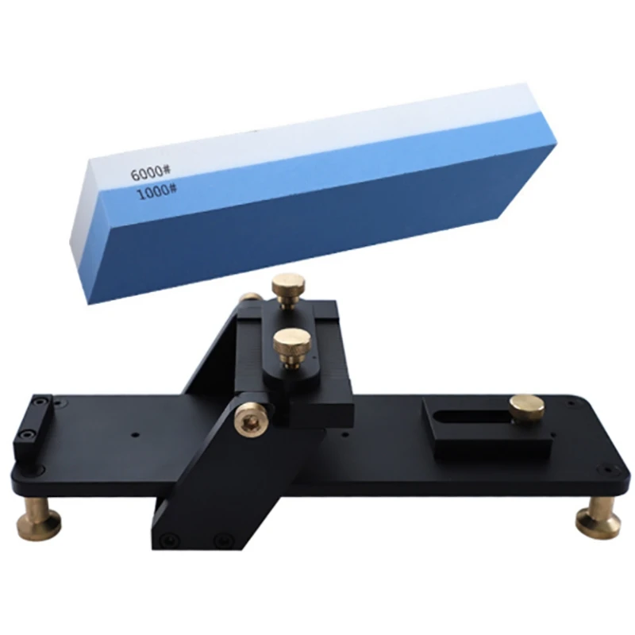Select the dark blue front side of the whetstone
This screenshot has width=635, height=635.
(x=317, y=222)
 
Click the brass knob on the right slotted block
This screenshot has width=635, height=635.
(x=527, y=406)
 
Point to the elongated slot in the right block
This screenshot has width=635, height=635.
(x=469, y=416)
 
